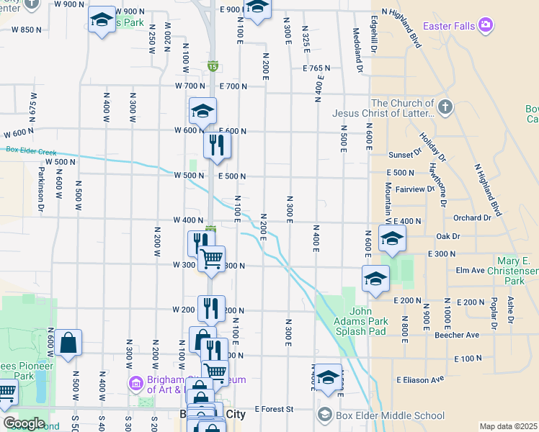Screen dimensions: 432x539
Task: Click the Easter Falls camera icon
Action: [x=485, y=26]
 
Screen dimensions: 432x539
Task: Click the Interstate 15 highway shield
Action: [x=213, y=66]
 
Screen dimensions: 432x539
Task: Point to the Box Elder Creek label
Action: [x=31, y=150]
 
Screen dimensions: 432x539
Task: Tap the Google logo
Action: [x=24, y=423]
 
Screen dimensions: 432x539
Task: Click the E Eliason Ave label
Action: [x=419, y=379]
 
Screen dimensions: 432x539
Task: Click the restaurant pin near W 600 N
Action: [x=217, y=145]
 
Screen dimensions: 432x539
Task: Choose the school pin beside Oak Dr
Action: [x=391, y=239]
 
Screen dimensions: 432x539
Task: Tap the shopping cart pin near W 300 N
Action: [x=211, y=258]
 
